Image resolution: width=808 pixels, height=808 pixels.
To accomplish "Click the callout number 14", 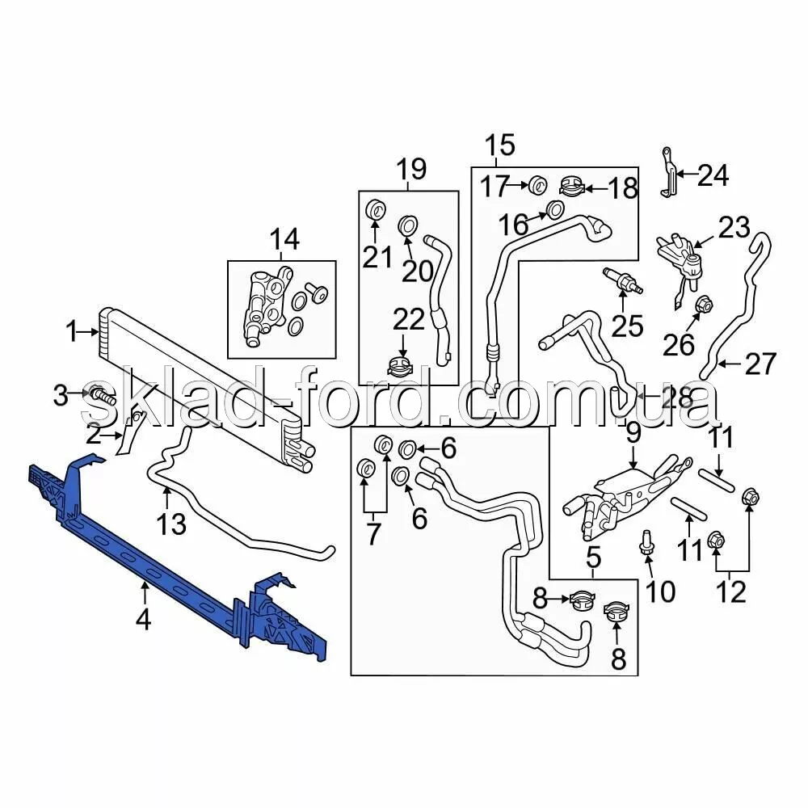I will click(x=284, y=239).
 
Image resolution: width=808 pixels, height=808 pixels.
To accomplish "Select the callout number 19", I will click(x=411, y=170).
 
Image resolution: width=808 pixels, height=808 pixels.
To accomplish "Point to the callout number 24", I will click(x=713, y=175).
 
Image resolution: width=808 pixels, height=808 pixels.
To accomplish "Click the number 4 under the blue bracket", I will click(x=144, y=621).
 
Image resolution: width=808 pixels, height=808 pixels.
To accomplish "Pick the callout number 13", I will click(x=171, y=524).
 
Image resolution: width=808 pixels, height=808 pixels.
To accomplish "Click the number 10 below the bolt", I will click(x=660, y=592).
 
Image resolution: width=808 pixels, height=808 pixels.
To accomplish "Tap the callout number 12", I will click(x=731, y=592).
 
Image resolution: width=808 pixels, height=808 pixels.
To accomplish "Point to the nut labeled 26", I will click(x=702, y=305).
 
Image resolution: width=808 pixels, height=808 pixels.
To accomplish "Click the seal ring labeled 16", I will click(x=555, y=210).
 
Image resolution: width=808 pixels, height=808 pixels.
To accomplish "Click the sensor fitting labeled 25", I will click(x=622, y=280).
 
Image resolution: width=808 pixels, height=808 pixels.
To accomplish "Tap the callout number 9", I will click(x=632, y=433).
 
